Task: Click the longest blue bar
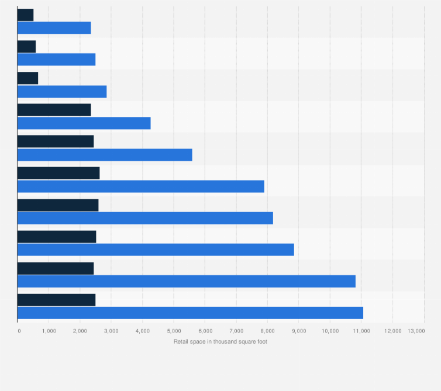pos(190,313)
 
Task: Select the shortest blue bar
pos(54,27)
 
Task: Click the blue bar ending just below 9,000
pos(156,250)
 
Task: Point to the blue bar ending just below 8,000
pos(141,186)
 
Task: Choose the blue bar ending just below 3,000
pos(62,91)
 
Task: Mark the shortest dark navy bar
pos(25,15)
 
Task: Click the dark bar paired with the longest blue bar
pos(56,300)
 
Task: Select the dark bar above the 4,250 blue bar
pos(54,109)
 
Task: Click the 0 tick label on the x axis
pos(19,331)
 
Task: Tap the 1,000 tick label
pos(49,331)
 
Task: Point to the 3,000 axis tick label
pos(111,331)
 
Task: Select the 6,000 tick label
pos(205,331)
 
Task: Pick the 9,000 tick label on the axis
pos(299,331)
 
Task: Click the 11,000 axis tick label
pos(361,331)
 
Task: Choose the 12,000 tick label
pos(392,331)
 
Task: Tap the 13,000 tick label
pos(416,331)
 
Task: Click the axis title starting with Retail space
pos(220,341)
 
